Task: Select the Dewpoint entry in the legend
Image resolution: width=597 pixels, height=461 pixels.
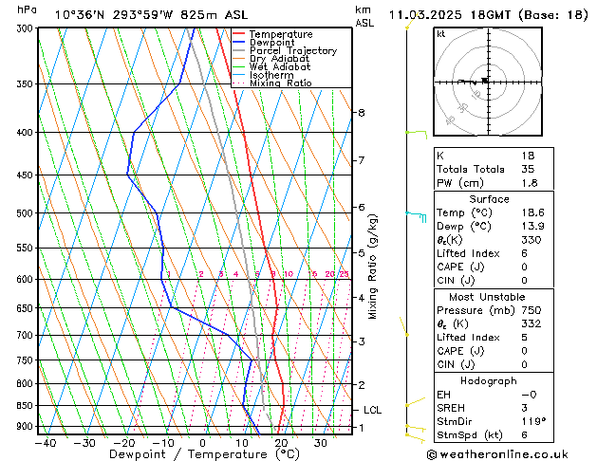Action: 272,43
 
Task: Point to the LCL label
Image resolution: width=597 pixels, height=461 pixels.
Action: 373,410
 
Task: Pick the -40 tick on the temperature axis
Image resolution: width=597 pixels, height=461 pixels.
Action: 45,442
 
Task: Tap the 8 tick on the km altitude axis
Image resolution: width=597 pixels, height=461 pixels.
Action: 361,113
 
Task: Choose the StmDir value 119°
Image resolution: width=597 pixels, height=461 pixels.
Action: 533,421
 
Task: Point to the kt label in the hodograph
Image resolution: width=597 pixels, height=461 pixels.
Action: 441,34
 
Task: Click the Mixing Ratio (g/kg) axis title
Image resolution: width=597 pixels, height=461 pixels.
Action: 373,266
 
